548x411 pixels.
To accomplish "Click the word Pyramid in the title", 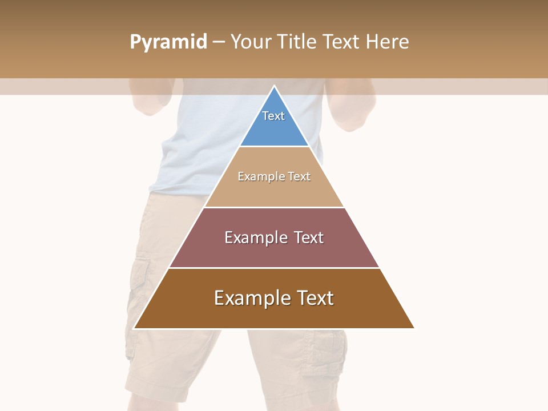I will pyautogui.click(x=168, y=42).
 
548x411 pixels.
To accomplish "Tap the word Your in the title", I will pyautogui.click(x=251, y=42).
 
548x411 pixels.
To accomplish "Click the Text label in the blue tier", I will pyautogui.click(x=273, y=116).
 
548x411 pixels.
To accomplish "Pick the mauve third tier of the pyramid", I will pyautogui.click(x=274, y=251).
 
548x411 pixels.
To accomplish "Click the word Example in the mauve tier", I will pyautogui.click(x=255, y=237).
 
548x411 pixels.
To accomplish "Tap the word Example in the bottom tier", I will pyautogui.click(x=252, y=298).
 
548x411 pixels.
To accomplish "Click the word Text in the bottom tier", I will pyautogui.click(x=315, y=298).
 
